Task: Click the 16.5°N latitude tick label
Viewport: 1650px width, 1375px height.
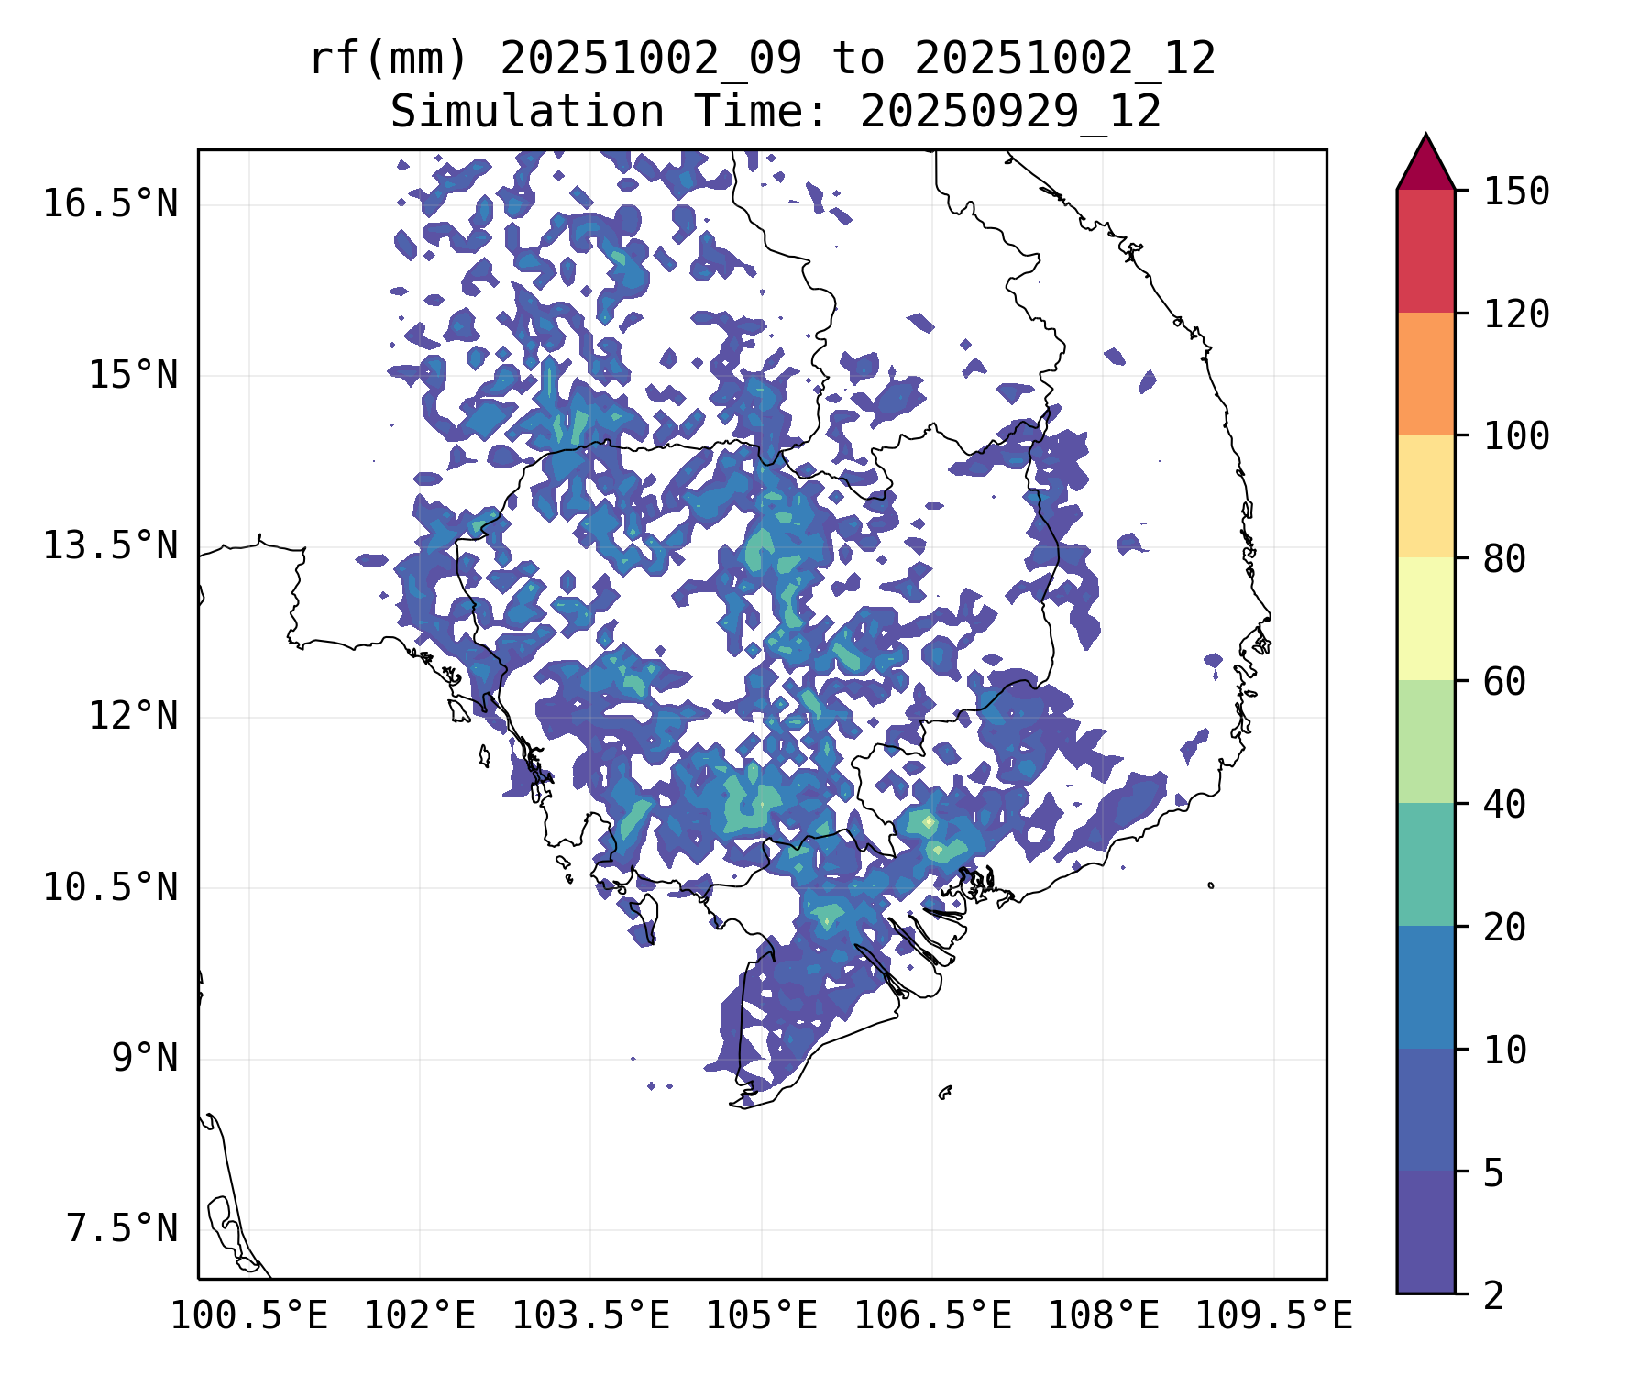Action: pyautogui.click(x=110, y=204)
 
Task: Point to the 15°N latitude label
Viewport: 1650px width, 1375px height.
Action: pyautogui.click(x=133, y=376)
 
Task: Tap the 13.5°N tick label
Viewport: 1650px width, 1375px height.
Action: pyautogui.click(x=110, y=546)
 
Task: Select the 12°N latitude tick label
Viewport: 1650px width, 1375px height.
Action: pyautogui.click(x=133, y=717)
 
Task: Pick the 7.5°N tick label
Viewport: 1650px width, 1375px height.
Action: pyautogui.click(x=122, y=1229)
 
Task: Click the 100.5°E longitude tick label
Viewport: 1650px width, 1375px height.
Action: pyautogui.click(x=249, y=1316)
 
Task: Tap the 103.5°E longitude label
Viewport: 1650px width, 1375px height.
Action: pyautogui.click(x=590, y=1316)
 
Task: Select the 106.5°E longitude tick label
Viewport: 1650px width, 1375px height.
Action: pyautogui.click(x=932, y=1316)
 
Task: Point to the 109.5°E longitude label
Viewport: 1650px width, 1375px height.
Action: pyautogui.click(x=1273, y=1316)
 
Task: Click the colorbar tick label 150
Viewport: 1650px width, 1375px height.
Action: pyautogui.click(x=1516, y=192)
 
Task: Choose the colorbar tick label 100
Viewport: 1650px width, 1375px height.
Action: pyautogui.click(x=1516, y=436)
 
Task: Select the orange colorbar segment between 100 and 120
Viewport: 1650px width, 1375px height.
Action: pyautogui.click(x=1425, y=373)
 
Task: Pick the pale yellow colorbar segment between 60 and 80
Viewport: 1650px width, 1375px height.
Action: pyautogui.click(x=1425, y=619)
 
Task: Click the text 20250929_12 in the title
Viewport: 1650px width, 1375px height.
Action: pyautogui.click(x=1010, y=112)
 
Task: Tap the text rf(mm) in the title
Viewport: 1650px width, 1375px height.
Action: pyautogui.click(x=389, y=60)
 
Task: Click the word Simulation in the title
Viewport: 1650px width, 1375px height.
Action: pyautogui.click(x=527, y=112)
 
